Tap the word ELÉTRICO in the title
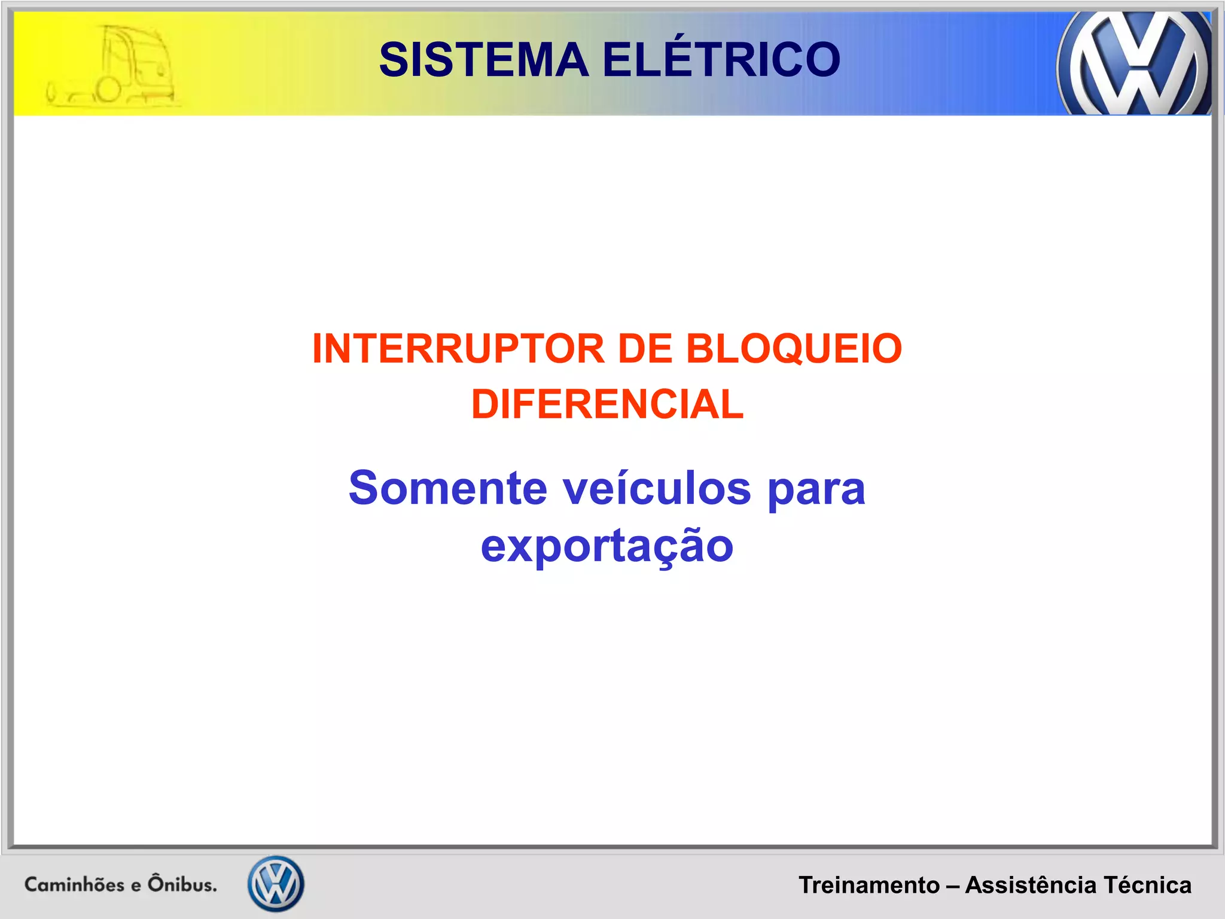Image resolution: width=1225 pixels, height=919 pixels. click(x=721, y=60)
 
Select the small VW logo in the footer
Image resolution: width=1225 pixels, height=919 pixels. click(x=276, y=884)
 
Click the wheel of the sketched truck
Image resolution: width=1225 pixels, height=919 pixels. click(x=109, y=90)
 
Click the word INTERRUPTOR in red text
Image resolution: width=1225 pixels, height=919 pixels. click(x=458, y=349)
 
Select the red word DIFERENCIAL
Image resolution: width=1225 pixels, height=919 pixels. click(x=607, y=404)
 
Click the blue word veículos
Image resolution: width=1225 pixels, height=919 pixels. click(x=657, y=488)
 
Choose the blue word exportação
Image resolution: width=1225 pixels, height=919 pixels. click(x=607, y=546)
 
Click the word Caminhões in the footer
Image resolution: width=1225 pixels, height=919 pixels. click(x=74, y=884)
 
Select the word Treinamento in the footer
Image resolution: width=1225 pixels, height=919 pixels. click(x=869, y=885)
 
